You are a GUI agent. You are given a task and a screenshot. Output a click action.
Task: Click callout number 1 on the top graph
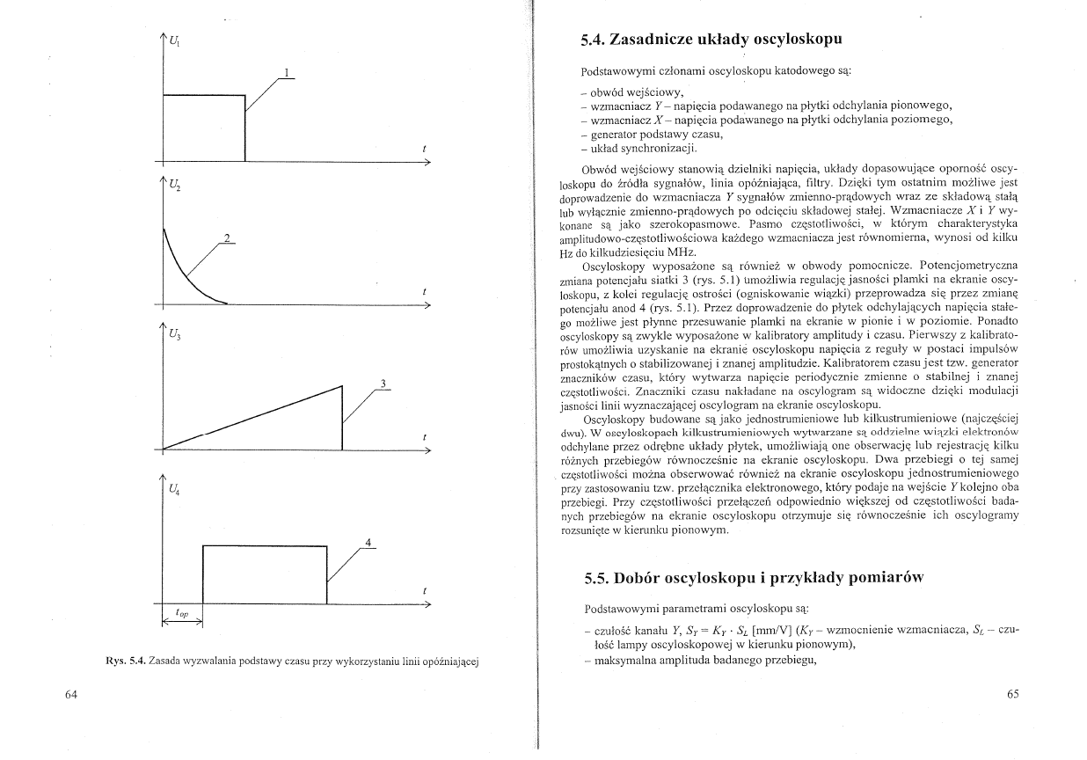pyautogui.click(x=287, y=72)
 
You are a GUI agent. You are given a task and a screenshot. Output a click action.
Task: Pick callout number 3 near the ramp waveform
pyautogui.click(x=383, y=383)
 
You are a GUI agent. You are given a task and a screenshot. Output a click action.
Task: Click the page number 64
pyautogui.click(x=72, y=694)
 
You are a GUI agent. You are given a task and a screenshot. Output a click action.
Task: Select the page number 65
pyautogui.click(x=1012, y=694)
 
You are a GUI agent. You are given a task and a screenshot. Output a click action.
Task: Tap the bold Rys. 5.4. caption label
pyautogui.click(x=125, y=660)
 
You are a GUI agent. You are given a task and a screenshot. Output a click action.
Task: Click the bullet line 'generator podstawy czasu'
pyautogui.click(x=656, y=134)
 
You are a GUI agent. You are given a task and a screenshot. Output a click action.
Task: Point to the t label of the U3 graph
pyautogui.click(x=425, y=436)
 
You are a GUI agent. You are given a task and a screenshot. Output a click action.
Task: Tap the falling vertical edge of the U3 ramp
pyautogui.click(x=341, y=418)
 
